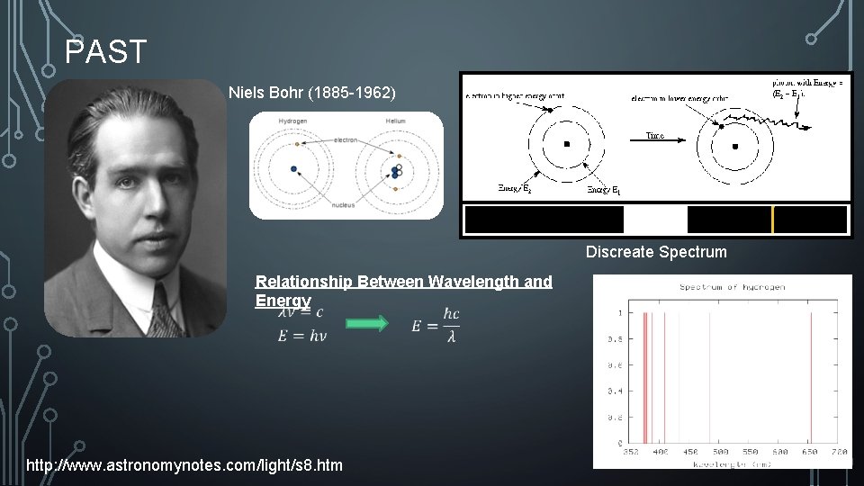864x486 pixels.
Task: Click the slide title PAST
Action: [x=105, y=52]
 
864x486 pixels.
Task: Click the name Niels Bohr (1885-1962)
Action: [x=311, y=93]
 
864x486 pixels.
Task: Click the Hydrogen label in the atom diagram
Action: [x=293, y=121]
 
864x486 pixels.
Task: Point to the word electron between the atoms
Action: [x=345, y=140]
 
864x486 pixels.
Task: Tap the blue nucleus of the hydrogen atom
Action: [x=293, y=168]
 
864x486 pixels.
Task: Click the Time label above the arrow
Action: [x=655, y=136]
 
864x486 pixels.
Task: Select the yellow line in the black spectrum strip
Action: [x=772, y=220]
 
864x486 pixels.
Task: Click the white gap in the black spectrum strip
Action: [x=655, y=220]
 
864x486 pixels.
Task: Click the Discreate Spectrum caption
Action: [x=656, y=252]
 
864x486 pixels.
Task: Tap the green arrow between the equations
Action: [x=366, y=323]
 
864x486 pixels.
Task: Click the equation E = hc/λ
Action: [x=435, y=325]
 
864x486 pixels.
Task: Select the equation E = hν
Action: [x=301, y=336]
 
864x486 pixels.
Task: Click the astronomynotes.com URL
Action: [x=184, y=465]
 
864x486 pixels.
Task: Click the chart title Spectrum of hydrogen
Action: [x=732, y=287]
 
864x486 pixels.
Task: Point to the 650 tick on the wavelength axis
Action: [x=810, y=452]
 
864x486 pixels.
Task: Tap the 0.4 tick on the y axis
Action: [x=618, y=391]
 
